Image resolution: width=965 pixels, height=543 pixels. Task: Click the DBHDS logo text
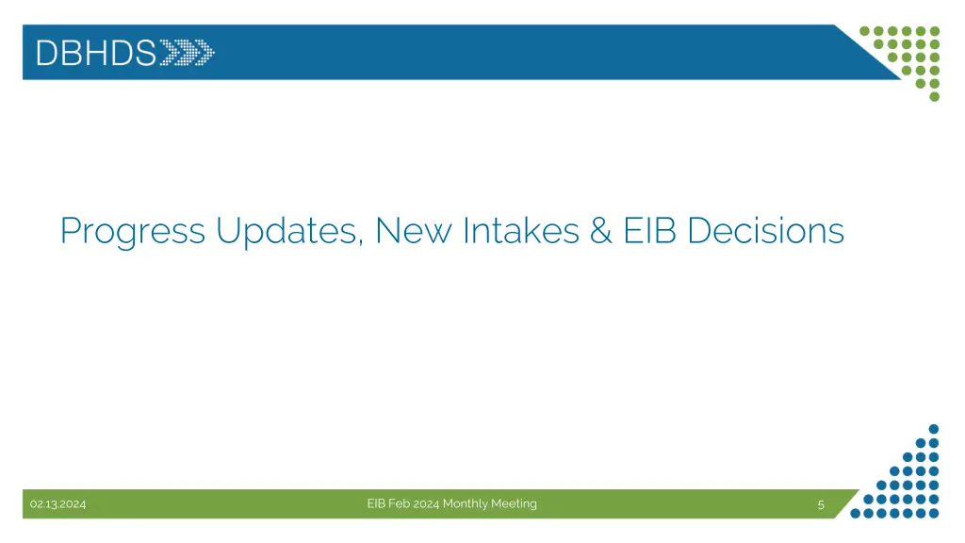(x=95, y=53)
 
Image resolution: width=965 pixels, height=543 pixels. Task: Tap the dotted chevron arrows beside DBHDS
(x=188, y=53)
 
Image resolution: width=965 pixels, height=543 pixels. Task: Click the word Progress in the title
(x=132, y=231)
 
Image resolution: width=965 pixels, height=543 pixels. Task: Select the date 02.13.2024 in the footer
(x=57, y=504)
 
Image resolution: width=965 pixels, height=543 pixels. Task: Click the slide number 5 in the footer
(x=821, y=504)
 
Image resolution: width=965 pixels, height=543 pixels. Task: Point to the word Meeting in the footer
(x=514, y=504)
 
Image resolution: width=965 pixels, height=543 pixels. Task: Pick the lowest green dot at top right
(x=934, y=96)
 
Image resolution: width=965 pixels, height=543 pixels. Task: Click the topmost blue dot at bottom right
(x=934, y=427)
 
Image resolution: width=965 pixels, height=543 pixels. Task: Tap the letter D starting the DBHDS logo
(x=45, y=53)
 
